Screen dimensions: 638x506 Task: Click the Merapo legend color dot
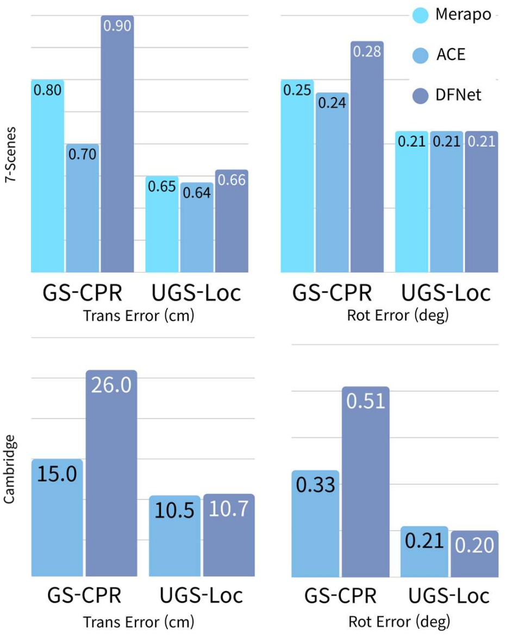click(x=421, y=15)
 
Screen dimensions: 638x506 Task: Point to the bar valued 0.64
click(x=197, y=228)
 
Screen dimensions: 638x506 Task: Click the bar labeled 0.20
click(x=474, y=554)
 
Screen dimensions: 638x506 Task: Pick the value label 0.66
click(x=232, y=180)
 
